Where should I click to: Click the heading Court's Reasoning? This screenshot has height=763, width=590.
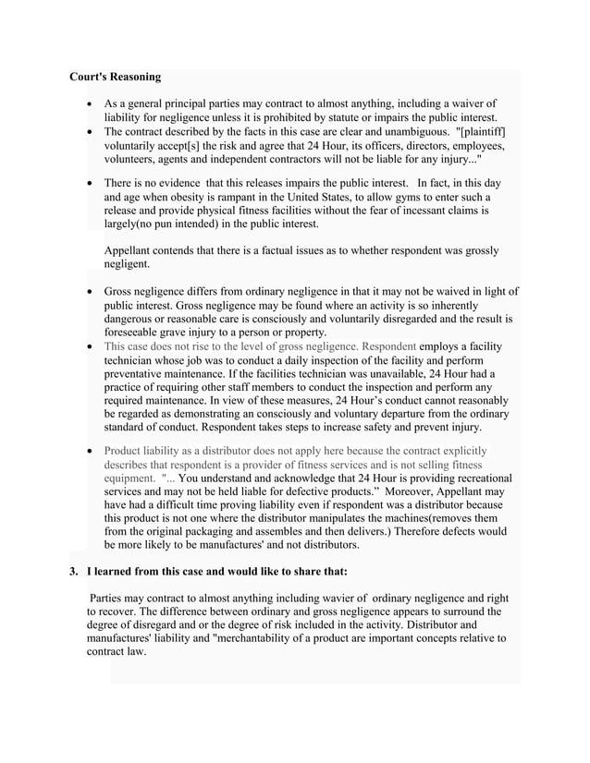click(116, 76)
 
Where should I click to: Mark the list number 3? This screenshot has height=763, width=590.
click(74, 571)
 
